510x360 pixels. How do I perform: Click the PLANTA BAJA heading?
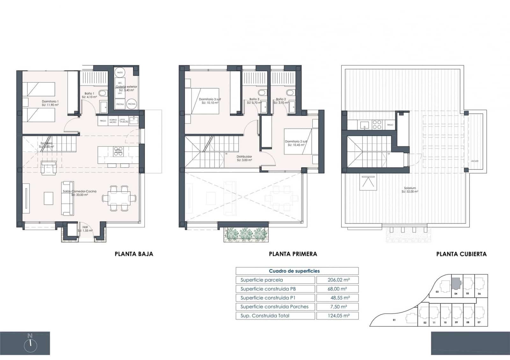(x=134, y=254)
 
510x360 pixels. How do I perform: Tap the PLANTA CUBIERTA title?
(x=461, y=254)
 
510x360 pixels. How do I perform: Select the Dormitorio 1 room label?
(x=50, y=103)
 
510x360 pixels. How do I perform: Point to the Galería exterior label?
(x=126, y=87)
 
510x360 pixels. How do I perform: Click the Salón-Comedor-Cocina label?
(x=79, y=193)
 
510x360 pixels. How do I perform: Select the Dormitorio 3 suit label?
(x=210, y=101)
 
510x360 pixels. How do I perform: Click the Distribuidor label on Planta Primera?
(x=244, y=158)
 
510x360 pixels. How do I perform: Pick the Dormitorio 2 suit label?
(x=296, y=143)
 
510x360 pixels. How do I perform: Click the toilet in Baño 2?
(x=290, y=93)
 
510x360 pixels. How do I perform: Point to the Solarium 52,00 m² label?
(x=410, y=190)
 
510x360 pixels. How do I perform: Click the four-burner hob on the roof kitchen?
(x=377, y=125)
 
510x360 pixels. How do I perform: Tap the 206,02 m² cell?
(x=339, y=280)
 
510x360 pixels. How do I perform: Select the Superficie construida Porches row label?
(x=274, y=307)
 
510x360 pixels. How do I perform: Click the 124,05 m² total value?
(x=339, y=316)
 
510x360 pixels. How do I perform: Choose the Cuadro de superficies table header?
(x=294, y=271)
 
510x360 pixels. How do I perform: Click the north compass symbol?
(x=30, y=345)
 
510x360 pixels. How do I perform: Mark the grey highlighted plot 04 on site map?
(x=456, y=283)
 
